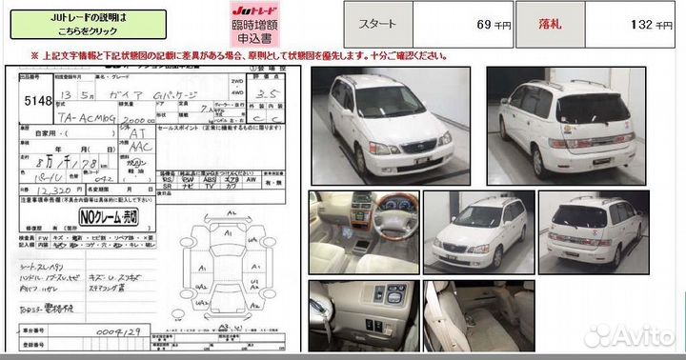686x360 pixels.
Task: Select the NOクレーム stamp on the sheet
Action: coord(108,217)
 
